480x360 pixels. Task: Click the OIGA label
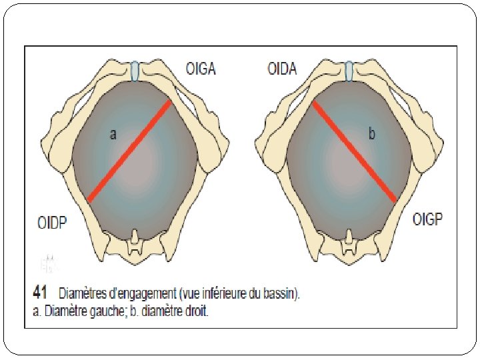(200, 68)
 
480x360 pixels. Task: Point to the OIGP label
(428, 219)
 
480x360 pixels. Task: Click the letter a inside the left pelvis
(113, 135)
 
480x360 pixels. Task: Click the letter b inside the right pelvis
(372, 134)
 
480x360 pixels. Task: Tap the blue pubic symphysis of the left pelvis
(135, 70)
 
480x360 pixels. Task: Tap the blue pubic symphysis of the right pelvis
(349, 70)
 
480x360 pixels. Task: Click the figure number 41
(39, 292)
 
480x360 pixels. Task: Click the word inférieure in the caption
(217, 293)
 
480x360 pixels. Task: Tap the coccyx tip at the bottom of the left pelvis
(135, 243)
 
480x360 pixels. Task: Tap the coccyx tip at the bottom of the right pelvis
(349, 243)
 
